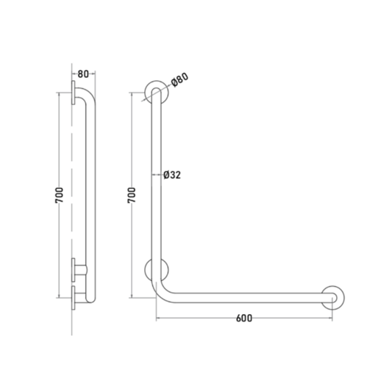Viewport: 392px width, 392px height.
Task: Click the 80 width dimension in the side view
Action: (83, 74)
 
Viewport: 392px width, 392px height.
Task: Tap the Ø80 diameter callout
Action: (179, 79)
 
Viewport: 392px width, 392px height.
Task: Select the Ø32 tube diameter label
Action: (172, 175)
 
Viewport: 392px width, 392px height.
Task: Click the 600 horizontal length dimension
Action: (244, 318)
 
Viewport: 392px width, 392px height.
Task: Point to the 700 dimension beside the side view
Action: (60, 195)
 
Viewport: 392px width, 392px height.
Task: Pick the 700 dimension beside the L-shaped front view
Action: (132, 195)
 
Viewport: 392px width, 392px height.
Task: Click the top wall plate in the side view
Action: (74, 93)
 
